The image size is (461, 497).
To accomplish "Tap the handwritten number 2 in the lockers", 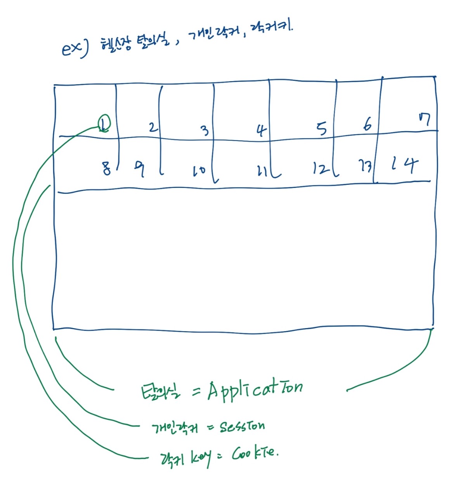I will pos(153,127).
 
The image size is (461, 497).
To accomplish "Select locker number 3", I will pos(205,130).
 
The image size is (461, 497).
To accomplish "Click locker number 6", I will pos(367,124).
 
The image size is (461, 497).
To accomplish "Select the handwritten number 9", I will pos(139,169).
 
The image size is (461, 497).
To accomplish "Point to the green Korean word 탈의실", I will pos(160,392).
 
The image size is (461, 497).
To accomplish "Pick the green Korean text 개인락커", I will pos(175,428).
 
